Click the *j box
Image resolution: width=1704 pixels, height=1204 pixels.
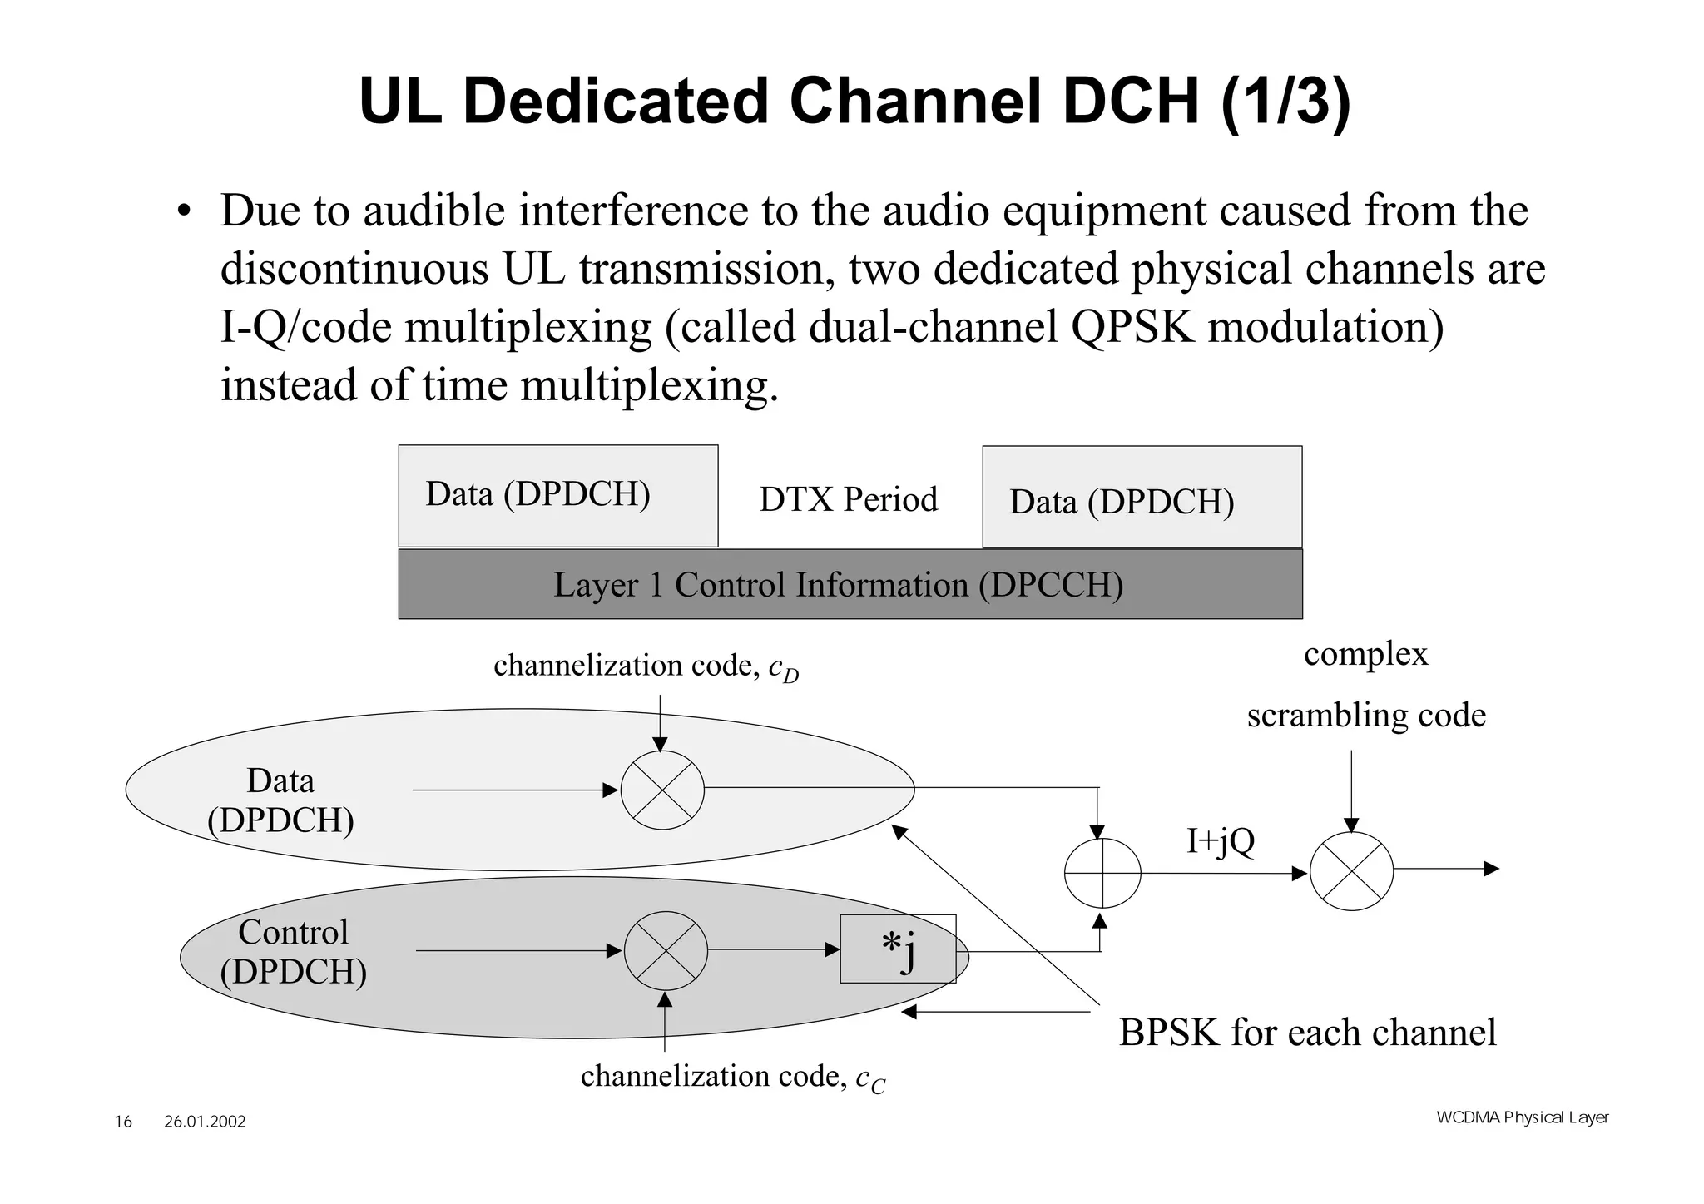point(898,949)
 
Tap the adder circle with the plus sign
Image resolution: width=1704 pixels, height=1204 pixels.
point(1102,873)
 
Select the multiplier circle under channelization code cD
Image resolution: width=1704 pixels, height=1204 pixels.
point(662,790)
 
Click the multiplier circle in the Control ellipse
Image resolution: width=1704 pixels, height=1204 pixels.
point(666,950)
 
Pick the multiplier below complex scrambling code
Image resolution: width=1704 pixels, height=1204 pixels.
point(1351,870)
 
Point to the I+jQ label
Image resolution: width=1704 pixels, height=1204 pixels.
point(1220,841)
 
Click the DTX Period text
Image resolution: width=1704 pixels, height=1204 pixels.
point(848,499)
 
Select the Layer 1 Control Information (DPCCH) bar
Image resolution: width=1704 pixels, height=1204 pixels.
point(850,584)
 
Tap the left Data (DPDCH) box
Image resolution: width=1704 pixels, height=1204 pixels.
point(557,495)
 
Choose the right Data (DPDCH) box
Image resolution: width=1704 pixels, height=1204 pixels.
point(1142,498)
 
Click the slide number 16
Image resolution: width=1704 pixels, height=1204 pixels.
point(123,1122)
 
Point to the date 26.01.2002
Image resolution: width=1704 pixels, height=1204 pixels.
point(205,1122)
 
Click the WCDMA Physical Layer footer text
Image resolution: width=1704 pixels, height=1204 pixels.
point(1522,1117)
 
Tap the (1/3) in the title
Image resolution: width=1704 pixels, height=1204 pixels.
point(1285,101)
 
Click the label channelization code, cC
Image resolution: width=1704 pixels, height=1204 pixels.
point(732,1077)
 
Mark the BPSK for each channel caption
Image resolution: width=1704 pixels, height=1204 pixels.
point(1307,1033)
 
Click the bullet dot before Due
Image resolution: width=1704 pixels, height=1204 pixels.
point(184,211)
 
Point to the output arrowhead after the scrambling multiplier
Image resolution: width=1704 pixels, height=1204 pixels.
point(1491,869)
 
